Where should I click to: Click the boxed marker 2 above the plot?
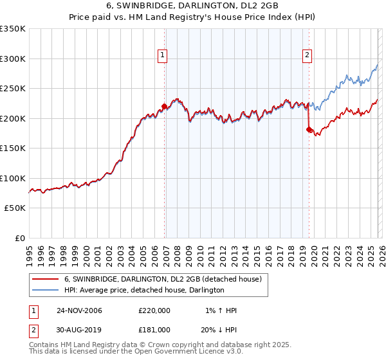tap(308, 56)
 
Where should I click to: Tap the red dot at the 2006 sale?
tap(164, 106)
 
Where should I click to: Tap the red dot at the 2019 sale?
tap(309, 130)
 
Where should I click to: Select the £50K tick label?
tap(15, 208)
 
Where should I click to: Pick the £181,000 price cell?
tap(154, 329)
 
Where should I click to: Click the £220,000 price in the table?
tap(154, 310)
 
